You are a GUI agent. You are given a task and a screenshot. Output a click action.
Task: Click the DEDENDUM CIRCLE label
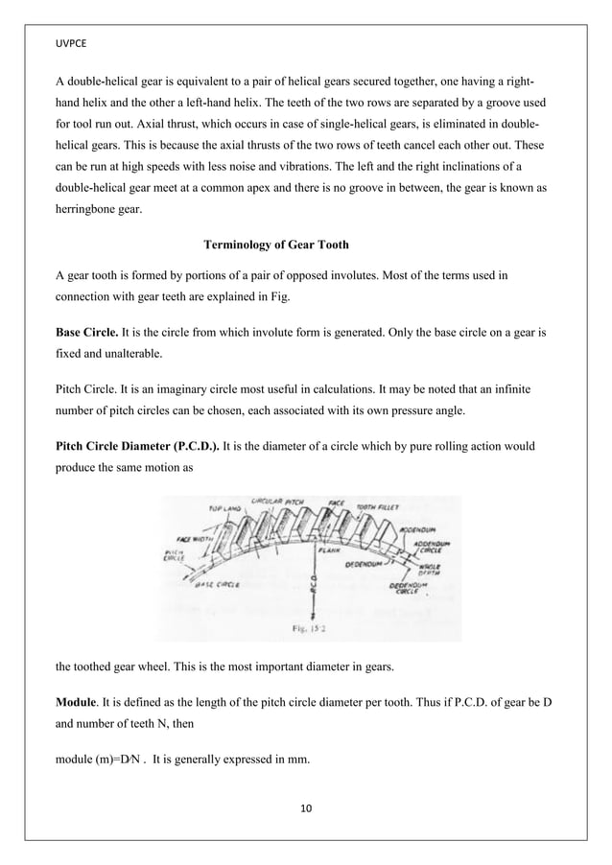(413, 587)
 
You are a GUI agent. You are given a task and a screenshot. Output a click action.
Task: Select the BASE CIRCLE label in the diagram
(217, 583)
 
